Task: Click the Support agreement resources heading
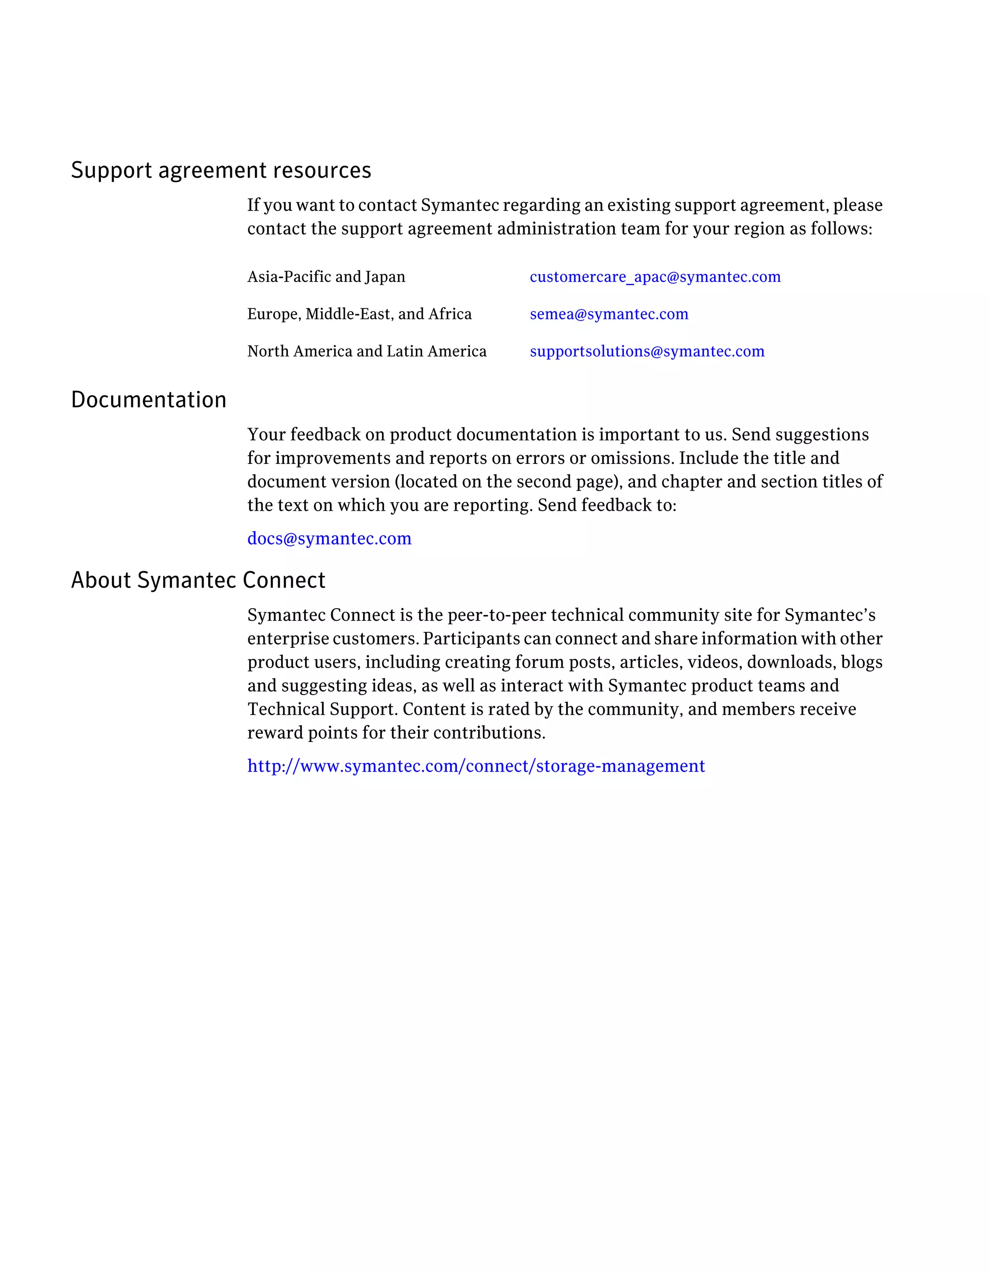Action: point(221,170)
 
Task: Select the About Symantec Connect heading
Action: point(198,580)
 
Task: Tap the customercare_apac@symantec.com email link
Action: point(655,277)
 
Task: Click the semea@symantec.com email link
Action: point(609,314)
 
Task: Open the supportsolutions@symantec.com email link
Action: point(647,351)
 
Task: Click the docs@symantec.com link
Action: point(329,538)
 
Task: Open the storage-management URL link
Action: point(476,766)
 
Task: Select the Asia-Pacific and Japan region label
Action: point(326,277)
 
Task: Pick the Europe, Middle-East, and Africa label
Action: point(359,314)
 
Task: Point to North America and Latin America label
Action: point(367,351)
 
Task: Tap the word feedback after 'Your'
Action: point(325,435)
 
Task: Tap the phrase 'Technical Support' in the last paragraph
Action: point(321,710)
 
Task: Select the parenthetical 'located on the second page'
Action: point(506,482)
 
